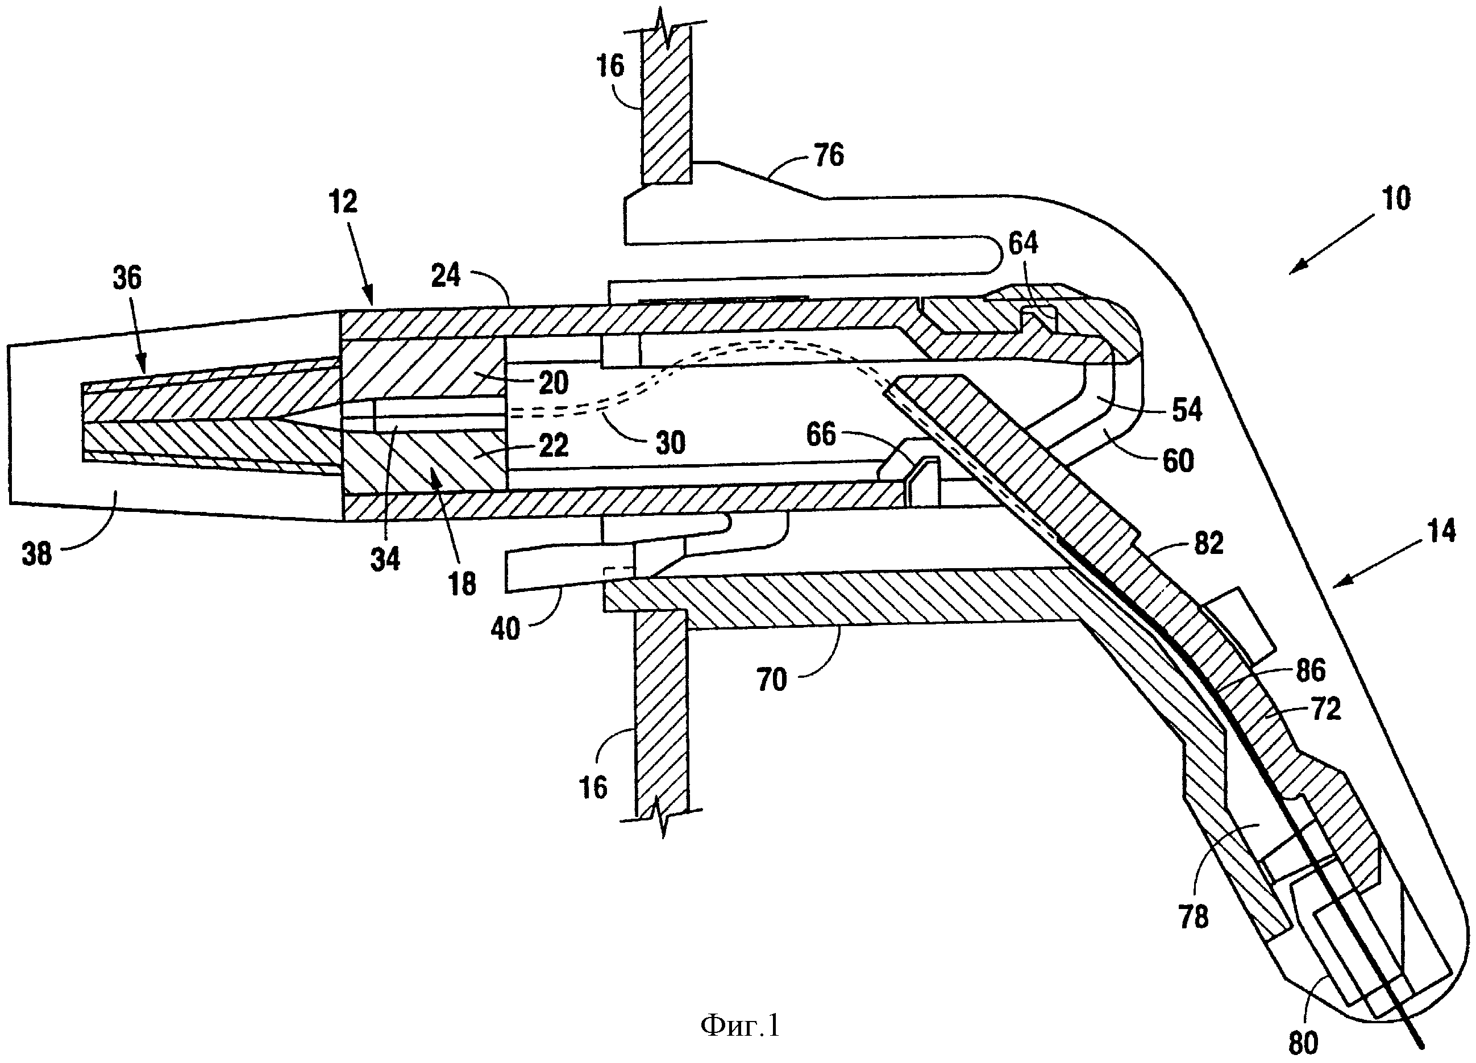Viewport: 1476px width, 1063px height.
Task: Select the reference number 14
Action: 1441,532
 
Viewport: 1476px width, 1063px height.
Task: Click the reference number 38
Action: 36,555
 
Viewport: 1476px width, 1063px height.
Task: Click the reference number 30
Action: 670,443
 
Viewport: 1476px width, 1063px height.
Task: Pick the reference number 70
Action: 772,680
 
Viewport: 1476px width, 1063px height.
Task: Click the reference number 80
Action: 1304,1044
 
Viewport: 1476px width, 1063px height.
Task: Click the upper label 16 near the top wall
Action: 610,66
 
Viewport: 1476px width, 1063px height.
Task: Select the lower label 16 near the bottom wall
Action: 593,787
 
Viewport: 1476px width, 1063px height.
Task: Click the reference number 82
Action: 1208,543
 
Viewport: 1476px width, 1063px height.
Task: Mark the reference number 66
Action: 821,434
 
